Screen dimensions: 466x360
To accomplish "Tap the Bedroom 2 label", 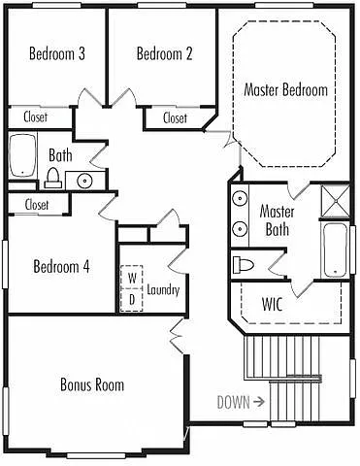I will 164,53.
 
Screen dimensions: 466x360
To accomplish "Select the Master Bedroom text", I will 285,90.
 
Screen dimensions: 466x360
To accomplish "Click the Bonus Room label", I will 92,385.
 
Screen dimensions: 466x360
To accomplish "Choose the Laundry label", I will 163,289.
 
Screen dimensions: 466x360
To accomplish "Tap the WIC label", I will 274,303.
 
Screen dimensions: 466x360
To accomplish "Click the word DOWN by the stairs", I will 234,400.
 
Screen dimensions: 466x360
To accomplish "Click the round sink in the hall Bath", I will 84,180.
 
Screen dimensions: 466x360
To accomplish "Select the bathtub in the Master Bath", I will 332,250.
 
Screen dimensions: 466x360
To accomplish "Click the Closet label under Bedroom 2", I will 176,118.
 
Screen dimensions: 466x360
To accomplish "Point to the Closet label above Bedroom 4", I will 37,205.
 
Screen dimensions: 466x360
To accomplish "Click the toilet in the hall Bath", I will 52,178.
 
